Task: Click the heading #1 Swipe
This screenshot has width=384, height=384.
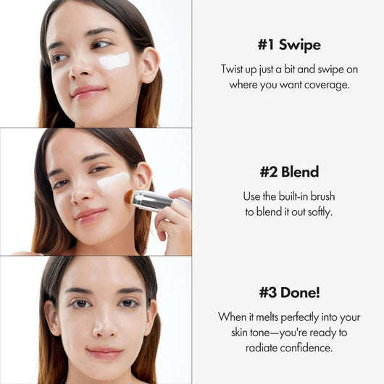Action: (x=288, y=44)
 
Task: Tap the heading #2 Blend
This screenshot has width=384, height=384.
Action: (x=289, y=172)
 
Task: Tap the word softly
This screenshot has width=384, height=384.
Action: (x=319, y=212)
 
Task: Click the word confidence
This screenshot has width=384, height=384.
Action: (x=307, y=347)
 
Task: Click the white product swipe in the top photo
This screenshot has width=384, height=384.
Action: (x=114, y=61)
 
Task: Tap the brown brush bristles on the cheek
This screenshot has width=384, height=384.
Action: (x=131, y=196)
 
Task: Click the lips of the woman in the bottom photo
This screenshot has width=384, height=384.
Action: (x=105, y=353)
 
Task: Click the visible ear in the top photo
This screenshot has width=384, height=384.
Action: (x=149, y=63)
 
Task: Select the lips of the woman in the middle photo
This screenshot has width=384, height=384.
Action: (x=91, y=215)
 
